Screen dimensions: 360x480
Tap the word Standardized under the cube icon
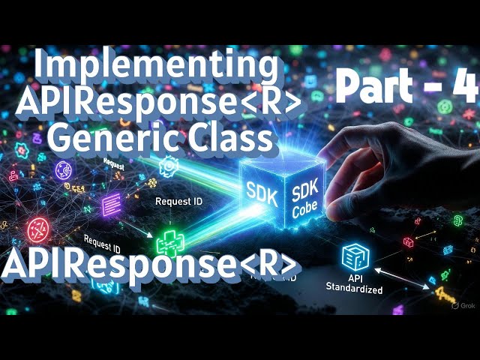[355, 289]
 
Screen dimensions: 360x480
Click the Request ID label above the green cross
[178, 202]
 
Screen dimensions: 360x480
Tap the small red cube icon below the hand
[408, 242]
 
